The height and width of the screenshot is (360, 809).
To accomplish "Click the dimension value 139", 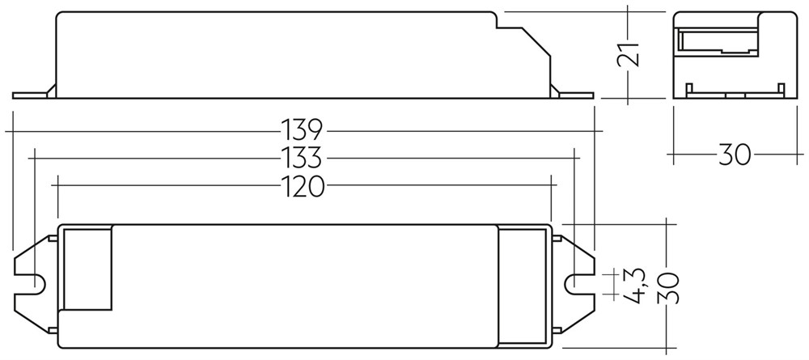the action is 302,131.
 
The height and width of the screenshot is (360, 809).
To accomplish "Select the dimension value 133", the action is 302,158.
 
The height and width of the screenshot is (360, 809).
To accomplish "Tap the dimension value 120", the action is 303,186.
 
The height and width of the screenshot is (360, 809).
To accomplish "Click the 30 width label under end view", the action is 735,154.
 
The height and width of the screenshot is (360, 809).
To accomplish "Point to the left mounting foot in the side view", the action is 33,94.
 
